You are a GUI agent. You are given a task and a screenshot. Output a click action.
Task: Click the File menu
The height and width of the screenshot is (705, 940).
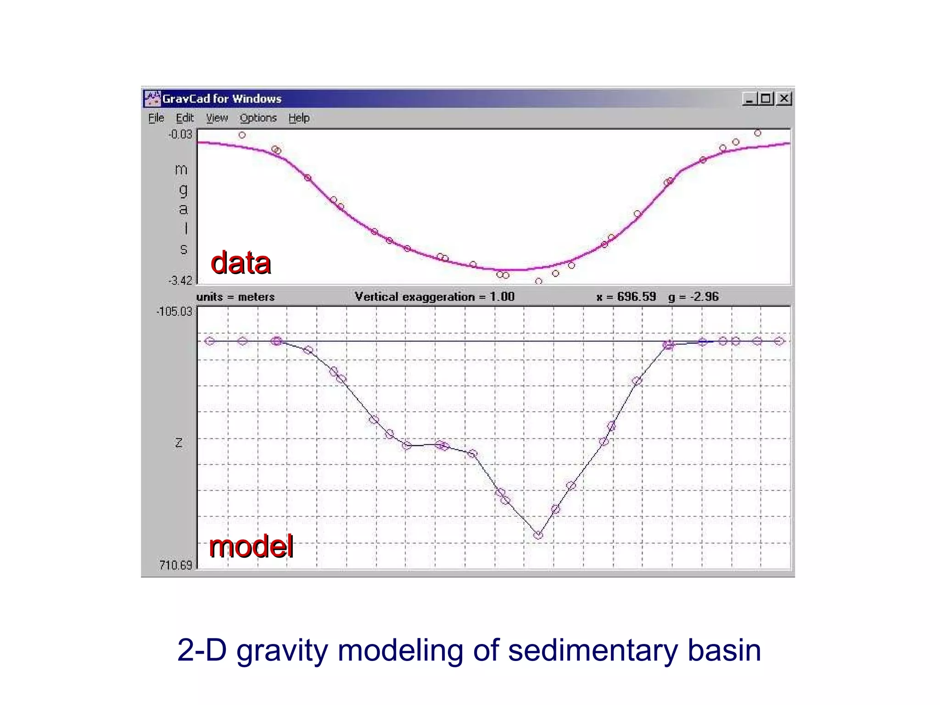tap(156, 118)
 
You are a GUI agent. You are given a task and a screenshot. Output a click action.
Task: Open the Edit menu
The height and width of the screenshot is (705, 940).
tap(185, 118)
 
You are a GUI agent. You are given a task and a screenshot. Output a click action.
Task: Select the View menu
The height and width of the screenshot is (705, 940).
tap(217, 118)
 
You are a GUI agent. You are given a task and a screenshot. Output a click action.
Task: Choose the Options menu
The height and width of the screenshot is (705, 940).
tap(258, 118)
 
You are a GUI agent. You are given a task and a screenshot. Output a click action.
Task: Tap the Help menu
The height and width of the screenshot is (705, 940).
tap(299, 118)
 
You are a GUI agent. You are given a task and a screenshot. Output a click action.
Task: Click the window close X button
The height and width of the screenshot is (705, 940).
tap(784, 99)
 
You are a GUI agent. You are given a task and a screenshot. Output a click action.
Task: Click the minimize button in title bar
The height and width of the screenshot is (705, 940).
tap(750, 99)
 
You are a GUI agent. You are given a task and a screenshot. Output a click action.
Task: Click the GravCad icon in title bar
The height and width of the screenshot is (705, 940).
tap(152, 99)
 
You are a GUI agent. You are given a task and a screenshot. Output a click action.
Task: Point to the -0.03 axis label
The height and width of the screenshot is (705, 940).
tap(180, 134)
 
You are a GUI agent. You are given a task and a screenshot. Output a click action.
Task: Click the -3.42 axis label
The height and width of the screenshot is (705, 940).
tap(180, 280)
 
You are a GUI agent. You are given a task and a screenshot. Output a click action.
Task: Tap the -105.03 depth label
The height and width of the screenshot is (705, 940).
tap(174, 312)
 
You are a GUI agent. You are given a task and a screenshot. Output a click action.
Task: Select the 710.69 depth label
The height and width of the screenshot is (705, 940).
tap(176, 565)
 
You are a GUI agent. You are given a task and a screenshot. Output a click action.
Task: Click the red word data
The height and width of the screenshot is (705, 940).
tap(241, 263)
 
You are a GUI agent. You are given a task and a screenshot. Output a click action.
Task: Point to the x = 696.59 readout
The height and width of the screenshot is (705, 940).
tap(626, 297)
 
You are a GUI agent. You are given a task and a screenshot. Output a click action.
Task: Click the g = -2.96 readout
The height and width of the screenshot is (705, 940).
tap(694, 297)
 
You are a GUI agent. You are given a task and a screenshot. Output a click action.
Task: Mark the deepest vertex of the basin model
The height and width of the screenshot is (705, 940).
tap(538, 535)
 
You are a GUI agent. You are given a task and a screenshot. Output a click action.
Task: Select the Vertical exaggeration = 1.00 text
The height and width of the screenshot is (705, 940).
tap(435, 297)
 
